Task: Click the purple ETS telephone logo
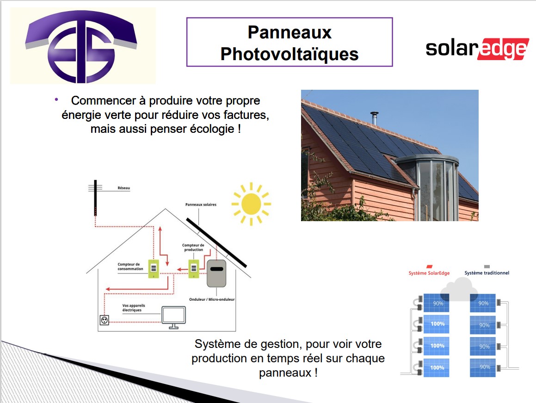81,46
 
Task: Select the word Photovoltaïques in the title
289,54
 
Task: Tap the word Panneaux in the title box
290,32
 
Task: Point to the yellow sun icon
251,204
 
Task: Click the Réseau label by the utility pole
124,188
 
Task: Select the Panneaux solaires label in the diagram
201,205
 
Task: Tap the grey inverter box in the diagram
216,273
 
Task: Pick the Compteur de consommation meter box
154,268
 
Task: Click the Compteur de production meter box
194,268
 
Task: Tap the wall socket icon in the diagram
104,320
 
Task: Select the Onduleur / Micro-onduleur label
212,299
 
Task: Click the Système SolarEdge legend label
429,273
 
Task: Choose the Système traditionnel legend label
487,273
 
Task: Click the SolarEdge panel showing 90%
436,303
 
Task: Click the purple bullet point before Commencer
56,99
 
